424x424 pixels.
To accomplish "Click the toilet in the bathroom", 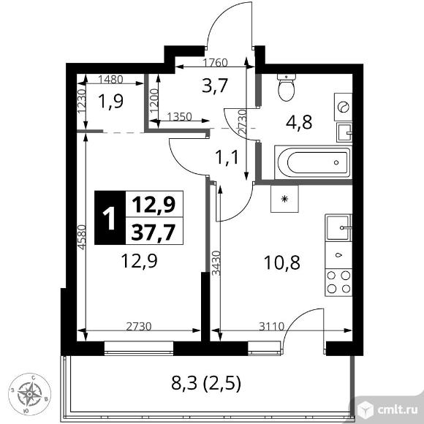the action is (x=286, y=87).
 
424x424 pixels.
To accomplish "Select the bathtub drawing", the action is (x=313, y=162).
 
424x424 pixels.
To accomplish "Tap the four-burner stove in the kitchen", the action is (x=338, y=282).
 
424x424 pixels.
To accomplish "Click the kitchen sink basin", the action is (x=338, y=227).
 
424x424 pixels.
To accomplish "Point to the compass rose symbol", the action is (x=29, y=394).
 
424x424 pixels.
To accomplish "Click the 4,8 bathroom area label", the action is (x=299, y=122).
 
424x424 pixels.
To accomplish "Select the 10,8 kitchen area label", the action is (x=282, y=262).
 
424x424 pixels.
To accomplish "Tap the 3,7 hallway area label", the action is (x=216, y=86).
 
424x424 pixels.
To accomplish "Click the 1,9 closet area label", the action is (x=110, y=102).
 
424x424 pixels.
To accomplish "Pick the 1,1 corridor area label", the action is (x=227, y=157).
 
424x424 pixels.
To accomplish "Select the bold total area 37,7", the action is (x=154, y=232).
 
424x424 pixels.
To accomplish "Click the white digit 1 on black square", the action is (x=110, y=218).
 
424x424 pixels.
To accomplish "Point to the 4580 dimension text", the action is (x=82, y=237).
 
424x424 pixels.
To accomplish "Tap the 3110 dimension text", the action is (x=271, y=327).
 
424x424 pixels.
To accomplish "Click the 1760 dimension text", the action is (x=215, y=63).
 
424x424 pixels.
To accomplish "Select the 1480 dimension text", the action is (x=110, y=80).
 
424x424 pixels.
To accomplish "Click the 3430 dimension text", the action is (x=216, y=263).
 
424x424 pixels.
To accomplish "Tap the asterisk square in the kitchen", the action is (x=284, y=199).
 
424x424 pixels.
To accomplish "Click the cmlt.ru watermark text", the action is (x=398, y=410).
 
